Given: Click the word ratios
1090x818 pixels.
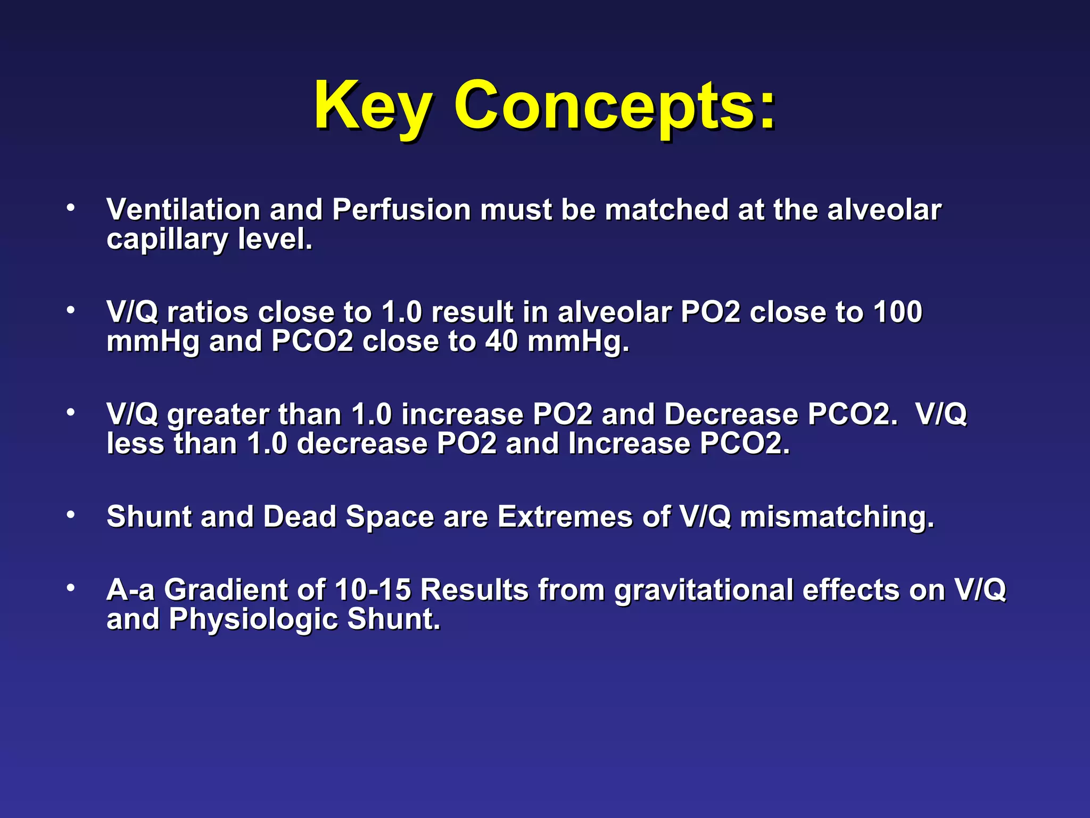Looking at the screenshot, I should pos(208,312).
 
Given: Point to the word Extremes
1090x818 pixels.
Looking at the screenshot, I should pos(565,516).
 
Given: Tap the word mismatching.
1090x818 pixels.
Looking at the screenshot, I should pos(837,517).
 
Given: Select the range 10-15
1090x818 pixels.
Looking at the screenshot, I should pos(373,590).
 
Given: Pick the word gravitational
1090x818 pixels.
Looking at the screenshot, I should pos(704,591).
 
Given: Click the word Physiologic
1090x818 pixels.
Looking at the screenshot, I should pos(253,619).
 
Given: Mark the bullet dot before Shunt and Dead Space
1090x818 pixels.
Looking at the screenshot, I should pos(70,515).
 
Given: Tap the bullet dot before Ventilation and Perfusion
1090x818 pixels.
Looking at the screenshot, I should pos(70,208).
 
